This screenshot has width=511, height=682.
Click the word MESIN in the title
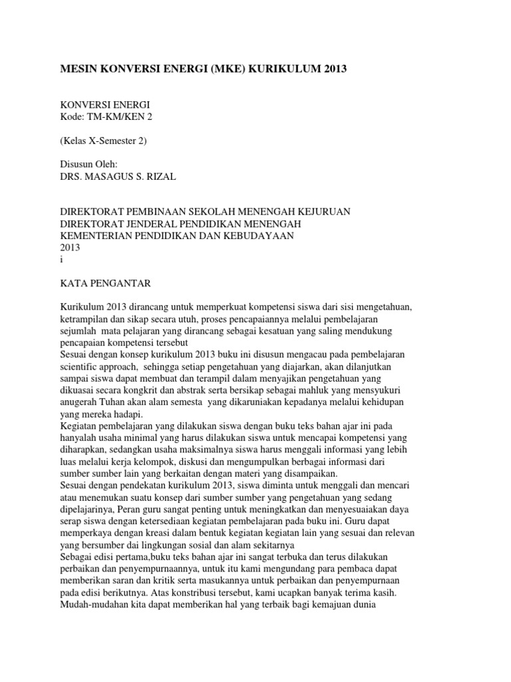[x=79, y=69]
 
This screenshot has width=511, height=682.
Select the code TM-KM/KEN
[x=118, y=117]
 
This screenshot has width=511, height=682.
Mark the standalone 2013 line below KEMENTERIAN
[x=70, y=247]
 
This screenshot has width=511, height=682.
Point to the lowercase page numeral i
[x=62, y=259]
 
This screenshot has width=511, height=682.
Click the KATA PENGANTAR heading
[x=106, y=283]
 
